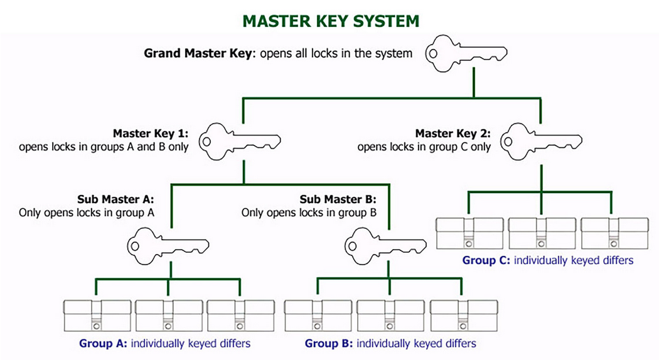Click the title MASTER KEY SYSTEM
331,21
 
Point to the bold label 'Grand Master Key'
196,53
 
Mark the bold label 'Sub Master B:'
338,200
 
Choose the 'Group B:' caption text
327,344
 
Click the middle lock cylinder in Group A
168,316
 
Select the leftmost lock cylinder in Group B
318,316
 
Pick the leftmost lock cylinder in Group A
96,316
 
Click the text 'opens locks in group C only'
424,147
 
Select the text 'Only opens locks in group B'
309,213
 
